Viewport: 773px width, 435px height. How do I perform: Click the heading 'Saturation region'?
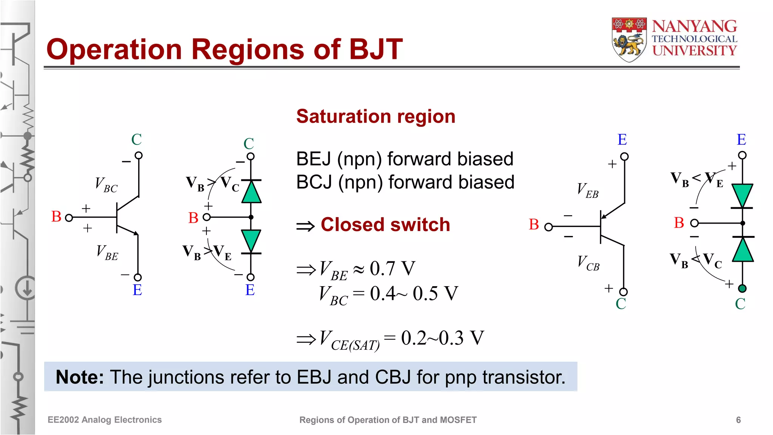pyautogui.click(x=376, y=116)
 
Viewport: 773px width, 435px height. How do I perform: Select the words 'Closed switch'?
pyautogui.click(x=385, y=225)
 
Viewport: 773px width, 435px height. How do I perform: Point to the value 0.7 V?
pyautogui.click(x=392, y=268)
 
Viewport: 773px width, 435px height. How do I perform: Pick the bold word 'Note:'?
pyautogui.click(x=80, y=377)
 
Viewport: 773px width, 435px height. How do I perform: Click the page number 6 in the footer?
pyautogui.click(x=738, y=420)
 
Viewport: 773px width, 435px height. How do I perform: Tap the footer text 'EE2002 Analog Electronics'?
pyautogui.click(x=105, y=420)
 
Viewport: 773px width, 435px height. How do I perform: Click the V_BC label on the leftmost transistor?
pyautogui.click(x=106, y=185)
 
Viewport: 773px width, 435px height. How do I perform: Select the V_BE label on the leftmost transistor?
pyautogui.click(x=107, y=252)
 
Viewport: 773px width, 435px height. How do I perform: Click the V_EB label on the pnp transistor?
pyautogui.click(x=588, y=190)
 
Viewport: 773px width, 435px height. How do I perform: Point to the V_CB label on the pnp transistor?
pyautogui.click(x=588, y=263)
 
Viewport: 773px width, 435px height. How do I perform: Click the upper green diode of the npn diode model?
pyautogui.click(x=251, y=192)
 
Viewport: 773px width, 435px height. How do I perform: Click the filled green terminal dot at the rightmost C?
pyautogui.click(x=742, y=289)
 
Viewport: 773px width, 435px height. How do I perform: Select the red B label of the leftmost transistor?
pyautogui.click(x=56, y=217)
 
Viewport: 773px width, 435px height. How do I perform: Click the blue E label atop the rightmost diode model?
pyautogui.click(x=741, y=140)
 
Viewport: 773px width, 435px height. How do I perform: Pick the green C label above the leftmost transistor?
pyautogui.click(x=136, y=140)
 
